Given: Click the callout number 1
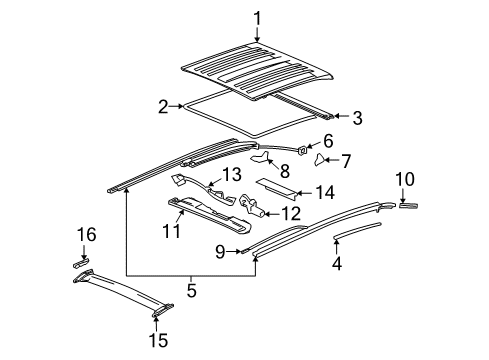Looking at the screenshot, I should pos(256,18).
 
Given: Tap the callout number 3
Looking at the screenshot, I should pos(357,118).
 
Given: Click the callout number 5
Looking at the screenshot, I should pos(191,293).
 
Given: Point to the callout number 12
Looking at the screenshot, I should pos(292,211).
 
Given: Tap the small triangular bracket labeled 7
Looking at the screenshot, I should pos(323,158).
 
